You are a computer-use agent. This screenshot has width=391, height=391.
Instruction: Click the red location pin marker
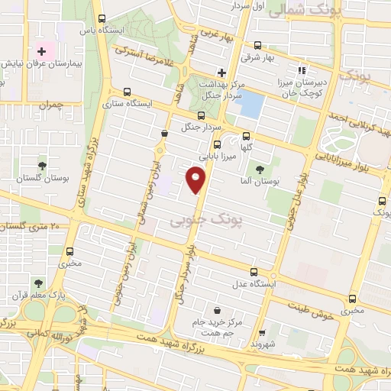[x=196, y=179]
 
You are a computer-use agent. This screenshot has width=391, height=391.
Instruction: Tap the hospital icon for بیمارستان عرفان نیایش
[x=42, y=51]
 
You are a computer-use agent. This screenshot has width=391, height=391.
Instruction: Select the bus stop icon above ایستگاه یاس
[x=102, y=19]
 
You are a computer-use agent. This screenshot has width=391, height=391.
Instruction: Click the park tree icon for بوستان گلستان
[x=41, y=165]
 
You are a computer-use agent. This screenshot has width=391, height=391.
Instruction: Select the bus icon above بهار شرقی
[x=257, y=44]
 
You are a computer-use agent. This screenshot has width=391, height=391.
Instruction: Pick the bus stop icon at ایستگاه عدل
[x=254, y=272]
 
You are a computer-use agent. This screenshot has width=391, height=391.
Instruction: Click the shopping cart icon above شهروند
[x=262, y=333]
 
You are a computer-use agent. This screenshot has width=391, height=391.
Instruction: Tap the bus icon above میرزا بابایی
[x=217, y=144]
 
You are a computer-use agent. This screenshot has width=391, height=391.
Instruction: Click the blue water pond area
[x=251, y=104]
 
